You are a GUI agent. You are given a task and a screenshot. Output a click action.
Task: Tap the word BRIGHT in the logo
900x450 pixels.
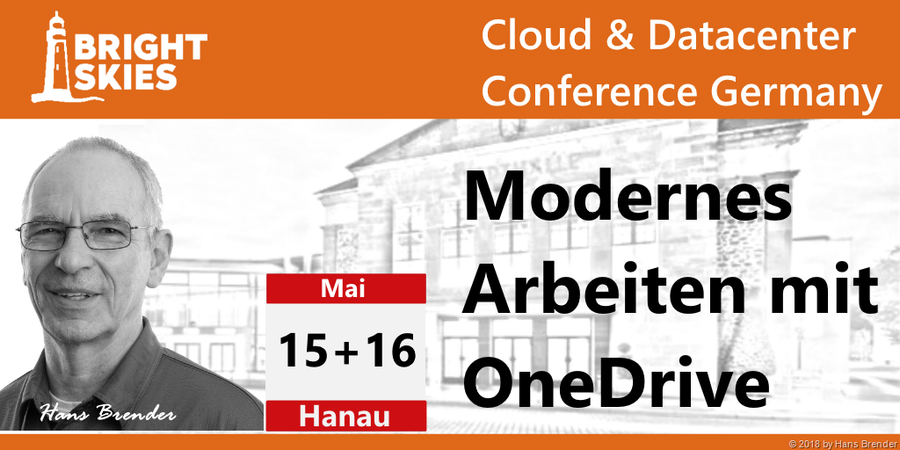click(x=141, y=47)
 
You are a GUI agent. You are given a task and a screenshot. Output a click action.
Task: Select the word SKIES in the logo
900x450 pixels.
click(x=126, y=76)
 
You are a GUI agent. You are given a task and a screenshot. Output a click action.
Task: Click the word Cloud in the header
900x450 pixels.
click(x=537, y=34)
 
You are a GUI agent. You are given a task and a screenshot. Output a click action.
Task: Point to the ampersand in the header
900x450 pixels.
click(x=620, y=35)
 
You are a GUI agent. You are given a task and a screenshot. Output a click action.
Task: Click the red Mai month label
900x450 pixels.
click(x=345, y=288)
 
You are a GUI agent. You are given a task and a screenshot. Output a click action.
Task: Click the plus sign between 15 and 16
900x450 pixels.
click(x=345, y=353)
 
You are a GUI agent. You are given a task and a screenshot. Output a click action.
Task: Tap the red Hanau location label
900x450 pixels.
click(x=345, y=417)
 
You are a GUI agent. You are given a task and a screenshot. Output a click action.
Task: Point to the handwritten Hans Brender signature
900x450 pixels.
click(x=108, y=413)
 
